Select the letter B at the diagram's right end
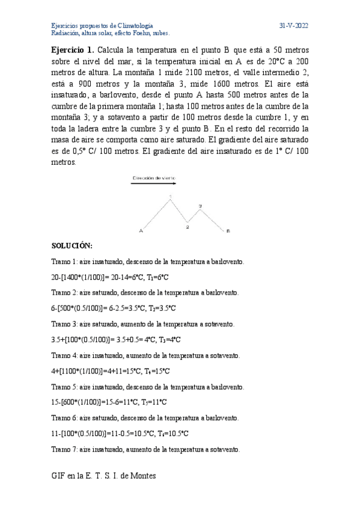click(228, 230)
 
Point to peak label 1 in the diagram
click(171, 197)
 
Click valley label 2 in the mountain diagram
click(188, 227)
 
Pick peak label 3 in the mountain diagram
click(200, 206)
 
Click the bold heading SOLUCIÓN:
click(72, 247)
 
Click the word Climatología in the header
click(134, 26)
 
